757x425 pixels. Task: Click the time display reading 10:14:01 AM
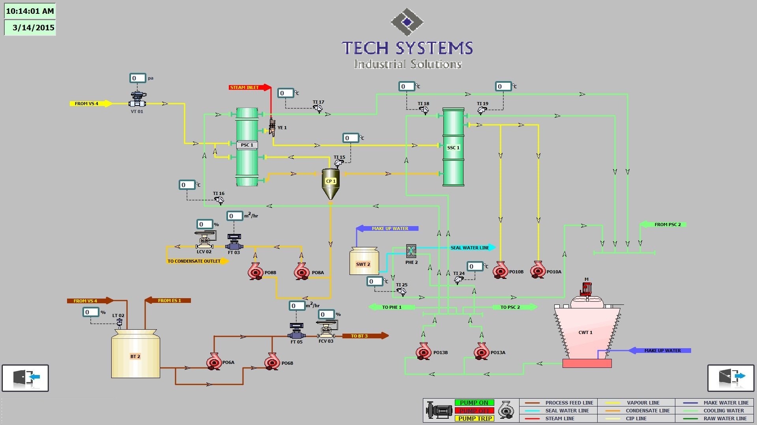[30, 11]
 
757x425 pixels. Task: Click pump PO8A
[302, 271]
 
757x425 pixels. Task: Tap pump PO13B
[424, 351]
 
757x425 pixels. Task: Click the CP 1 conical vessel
[331, 183]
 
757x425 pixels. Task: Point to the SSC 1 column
[453, 147]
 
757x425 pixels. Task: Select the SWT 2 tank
[364, 262]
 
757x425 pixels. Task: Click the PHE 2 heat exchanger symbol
[411, 251]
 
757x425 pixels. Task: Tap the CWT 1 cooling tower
[587, 331]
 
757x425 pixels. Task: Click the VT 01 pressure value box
[138, 78]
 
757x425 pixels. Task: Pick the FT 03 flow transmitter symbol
[234, 241]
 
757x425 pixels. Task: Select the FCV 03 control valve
[326, 330]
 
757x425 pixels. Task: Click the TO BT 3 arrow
[364, 336]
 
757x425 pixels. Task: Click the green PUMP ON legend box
[474, 403]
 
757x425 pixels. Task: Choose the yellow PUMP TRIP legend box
[474, 418]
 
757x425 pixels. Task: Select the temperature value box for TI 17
[286, 93]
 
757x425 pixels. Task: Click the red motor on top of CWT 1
[587, 288]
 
